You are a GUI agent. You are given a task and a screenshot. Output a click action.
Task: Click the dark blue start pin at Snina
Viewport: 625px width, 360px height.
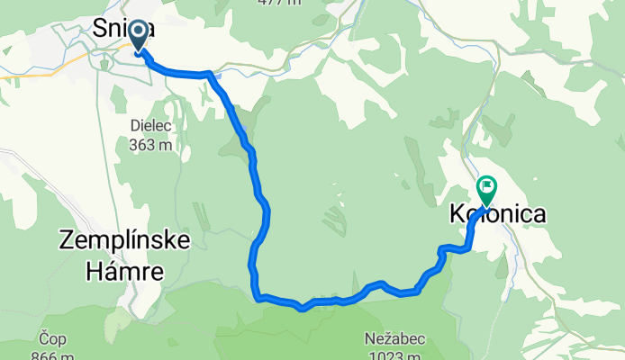pyautogui.click(x=139, y=36)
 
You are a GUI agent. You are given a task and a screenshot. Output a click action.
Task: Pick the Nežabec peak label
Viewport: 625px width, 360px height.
pyautogui.click(x=395, y=339)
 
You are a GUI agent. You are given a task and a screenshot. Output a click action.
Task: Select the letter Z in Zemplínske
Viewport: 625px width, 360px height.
pyautogui.click(x=67, y=240)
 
